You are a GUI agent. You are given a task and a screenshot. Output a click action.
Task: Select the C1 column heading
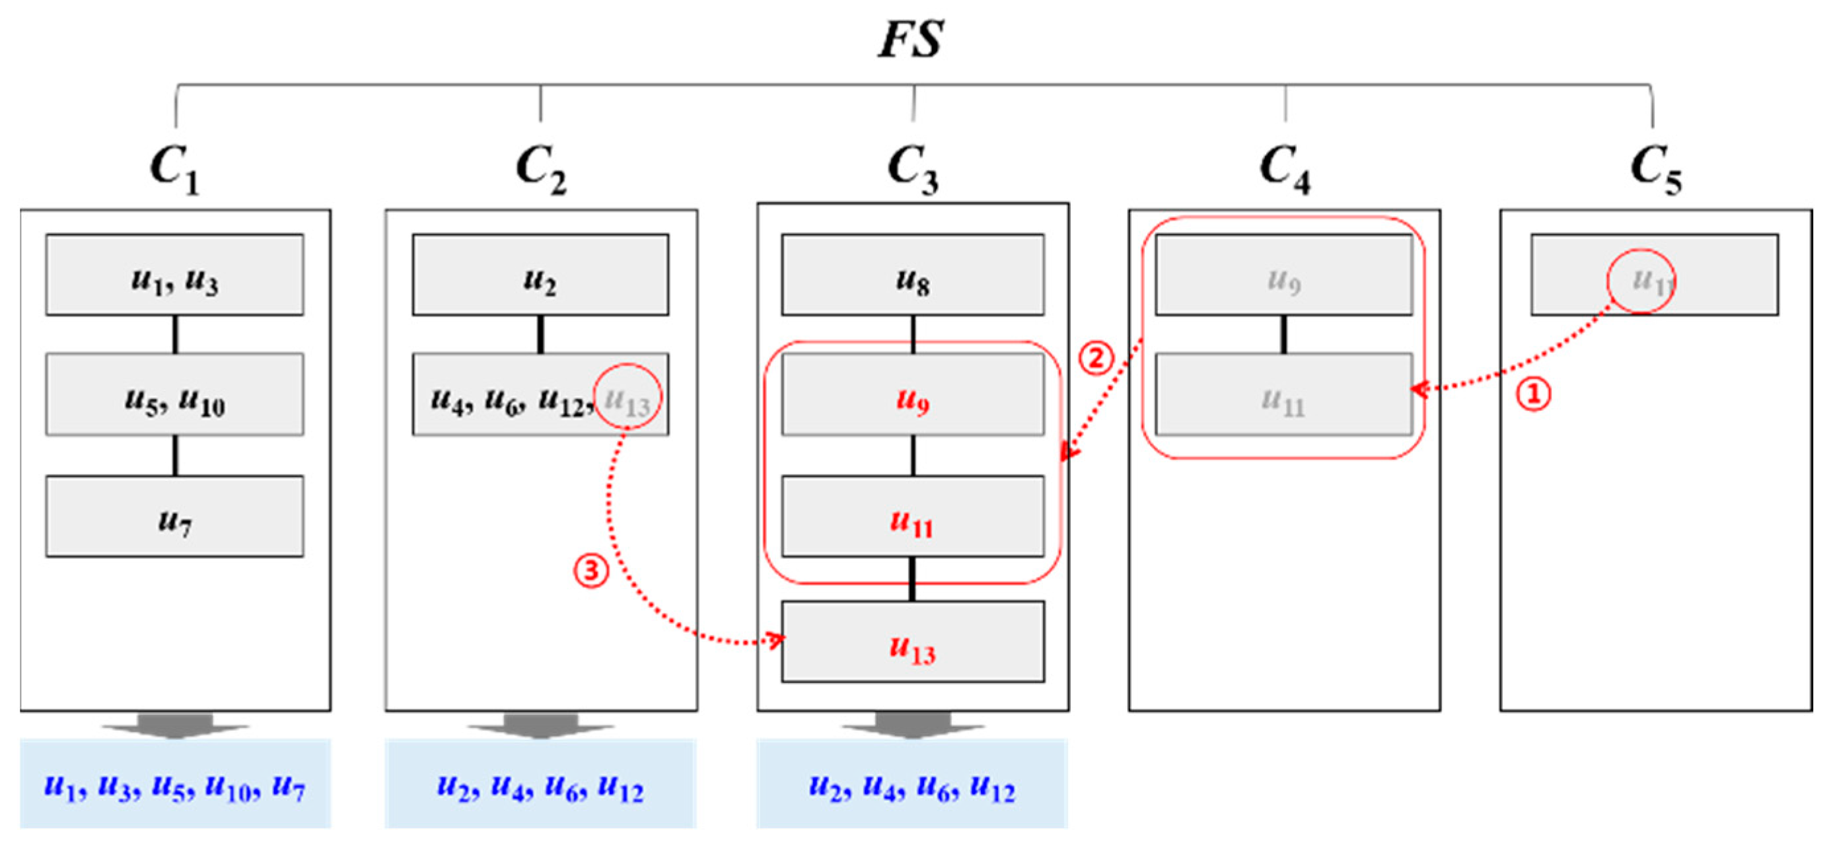174,168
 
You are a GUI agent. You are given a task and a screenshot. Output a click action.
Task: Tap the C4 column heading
1285,168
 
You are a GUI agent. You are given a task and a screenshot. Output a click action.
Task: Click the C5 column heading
1655,168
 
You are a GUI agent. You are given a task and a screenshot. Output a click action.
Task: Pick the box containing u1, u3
174,275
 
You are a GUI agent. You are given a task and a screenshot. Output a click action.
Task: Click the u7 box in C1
174,517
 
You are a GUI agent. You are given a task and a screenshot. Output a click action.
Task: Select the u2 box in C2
540,275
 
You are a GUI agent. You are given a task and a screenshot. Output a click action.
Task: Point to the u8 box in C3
913,275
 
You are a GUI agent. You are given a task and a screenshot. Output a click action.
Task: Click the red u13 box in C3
913,641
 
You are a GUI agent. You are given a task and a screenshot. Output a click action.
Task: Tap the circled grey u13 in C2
627,396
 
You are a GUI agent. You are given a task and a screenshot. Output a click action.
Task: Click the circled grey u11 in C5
1641,281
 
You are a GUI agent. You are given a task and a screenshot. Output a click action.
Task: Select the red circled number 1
1533,393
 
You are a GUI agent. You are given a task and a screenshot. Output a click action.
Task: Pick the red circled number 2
1096,359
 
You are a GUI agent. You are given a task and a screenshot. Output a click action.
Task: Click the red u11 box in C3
913,517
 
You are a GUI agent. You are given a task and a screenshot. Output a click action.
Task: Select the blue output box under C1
174,784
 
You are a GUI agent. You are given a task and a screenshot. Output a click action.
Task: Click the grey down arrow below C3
913,725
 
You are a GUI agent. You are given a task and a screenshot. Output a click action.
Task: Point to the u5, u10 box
174,394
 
